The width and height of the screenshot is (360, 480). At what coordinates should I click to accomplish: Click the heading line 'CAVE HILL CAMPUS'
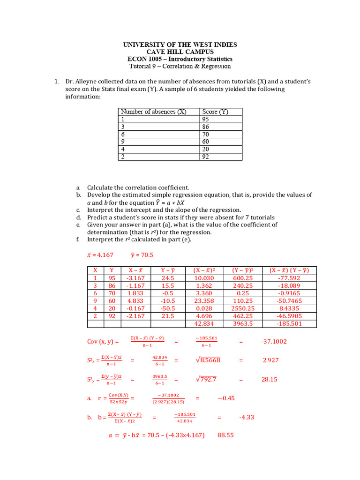[x=180, y=52]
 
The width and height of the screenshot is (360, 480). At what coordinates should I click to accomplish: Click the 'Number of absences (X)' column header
[x=153, y=112]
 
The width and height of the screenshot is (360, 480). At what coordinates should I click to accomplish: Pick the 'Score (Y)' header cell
[x=216, y=112]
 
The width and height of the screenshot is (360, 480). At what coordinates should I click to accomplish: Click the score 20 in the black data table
[x=206, y=149]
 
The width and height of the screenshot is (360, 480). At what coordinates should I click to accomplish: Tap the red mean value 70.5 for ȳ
[x=146, y=255]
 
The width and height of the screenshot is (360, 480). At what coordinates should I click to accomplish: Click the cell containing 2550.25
[x=243, y=308]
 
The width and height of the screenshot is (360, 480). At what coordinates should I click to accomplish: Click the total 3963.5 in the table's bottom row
[x=243, y=323]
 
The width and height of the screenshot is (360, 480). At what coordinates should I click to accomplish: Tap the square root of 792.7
[x=207, y=379]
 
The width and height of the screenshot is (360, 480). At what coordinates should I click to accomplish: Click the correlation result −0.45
[x=226, y=398]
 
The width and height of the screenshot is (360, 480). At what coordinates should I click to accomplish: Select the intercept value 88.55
[x=225, y=435]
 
